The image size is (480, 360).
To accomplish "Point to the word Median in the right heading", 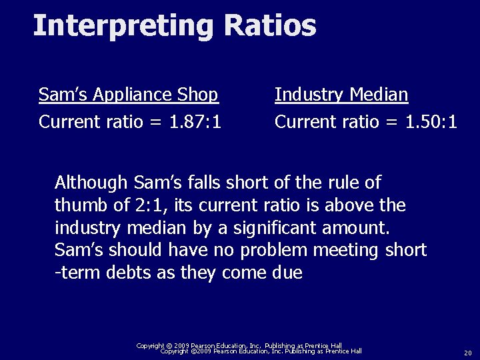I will (x=377, y=95).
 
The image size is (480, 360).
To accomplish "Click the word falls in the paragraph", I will (x=197, y=182).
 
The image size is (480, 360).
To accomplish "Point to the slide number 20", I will (x=467, y=353).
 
